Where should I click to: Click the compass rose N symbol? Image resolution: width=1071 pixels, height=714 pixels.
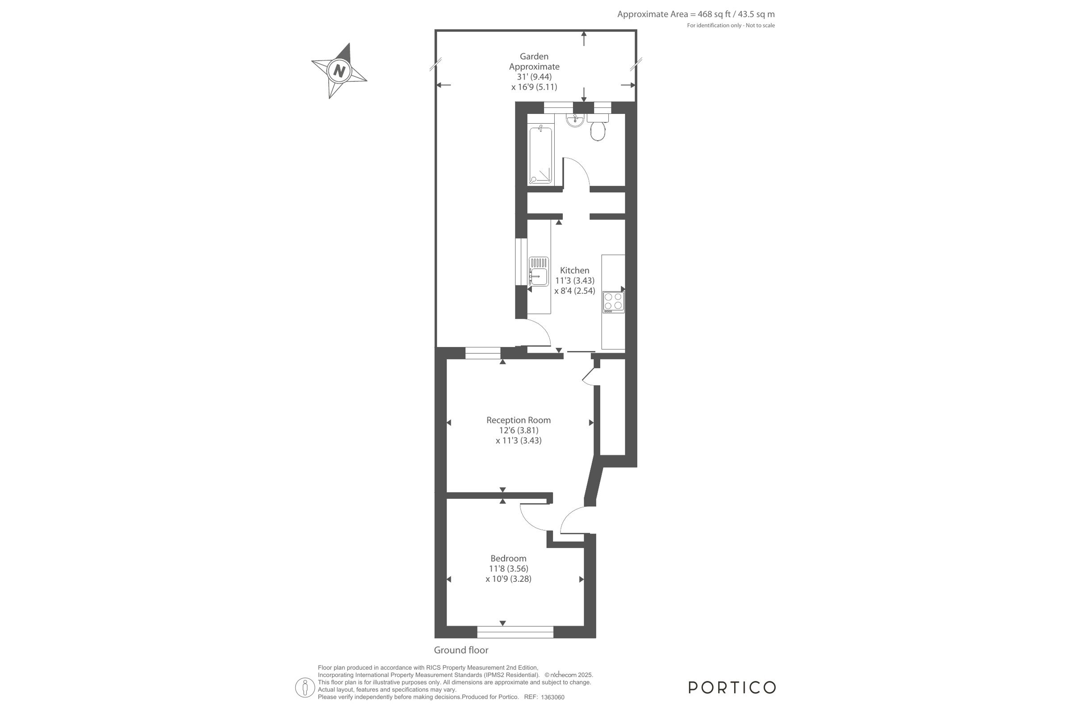[339, 71]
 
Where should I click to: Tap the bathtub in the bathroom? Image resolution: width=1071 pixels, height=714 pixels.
[540, 156]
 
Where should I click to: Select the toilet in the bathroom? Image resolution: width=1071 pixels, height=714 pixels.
[598, 127]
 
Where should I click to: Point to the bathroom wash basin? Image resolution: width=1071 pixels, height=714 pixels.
[575, 120]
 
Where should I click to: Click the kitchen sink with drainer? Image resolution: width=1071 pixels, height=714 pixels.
[539, 271]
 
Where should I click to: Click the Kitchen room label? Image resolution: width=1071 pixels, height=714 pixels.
[574, 270]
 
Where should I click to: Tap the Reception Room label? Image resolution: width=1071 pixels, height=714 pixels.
[518, 420]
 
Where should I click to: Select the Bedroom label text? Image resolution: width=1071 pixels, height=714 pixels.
[508, 558]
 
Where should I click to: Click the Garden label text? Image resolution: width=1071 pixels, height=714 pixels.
[534, 56]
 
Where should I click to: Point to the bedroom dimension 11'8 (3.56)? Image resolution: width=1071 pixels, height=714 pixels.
[508, 569]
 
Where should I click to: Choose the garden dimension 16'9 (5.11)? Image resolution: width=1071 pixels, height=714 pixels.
[534, 87]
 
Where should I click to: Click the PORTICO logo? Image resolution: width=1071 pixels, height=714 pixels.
[732, 687]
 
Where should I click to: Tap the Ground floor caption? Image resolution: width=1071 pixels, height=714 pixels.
[461, 650]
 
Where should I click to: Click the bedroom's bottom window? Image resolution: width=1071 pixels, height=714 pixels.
[515, 632]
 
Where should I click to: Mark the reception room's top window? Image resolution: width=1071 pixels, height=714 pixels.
[483, 353]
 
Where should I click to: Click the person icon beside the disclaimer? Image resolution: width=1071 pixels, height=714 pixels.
[305, 688]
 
